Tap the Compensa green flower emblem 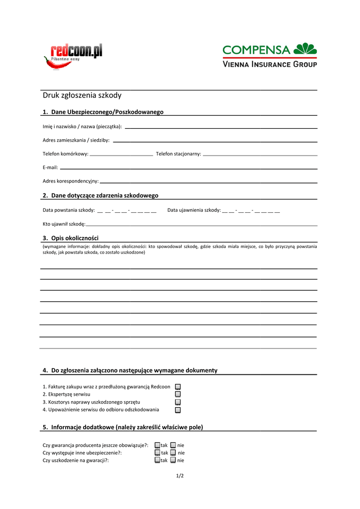[x=305, y=49]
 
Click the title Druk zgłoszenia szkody [x=82, y=95]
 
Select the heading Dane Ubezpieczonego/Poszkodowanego [x=107, y=112]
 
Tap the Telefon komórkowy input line [x=121, y=155]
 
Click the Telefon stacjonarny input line [x=260, y=155]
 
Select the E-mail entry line [x=188, y=169]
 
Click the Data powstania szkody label [x=69, y=210]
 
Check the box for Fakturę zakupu [x=178, y=386]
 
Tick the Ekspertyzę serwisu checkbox [x=178, y=394]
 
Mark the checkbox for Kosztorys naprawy [x=178, y=402]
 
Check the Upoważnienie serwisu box [x=178, y=410]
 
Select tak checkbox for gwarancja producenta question [x=157, y=445]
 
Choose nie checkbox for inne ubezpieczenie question [x=173, y=453]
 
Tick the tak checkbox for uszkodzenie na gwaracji [x=157, y=460]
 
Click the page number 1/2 [x=180, y=476]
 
